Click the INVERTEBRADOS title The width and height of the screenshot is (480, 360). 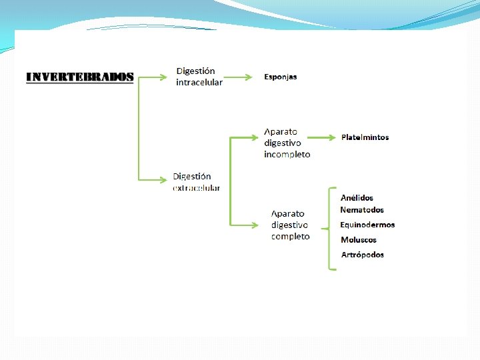[79, 77]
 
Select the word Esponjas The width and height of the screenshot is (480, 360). [281, 77]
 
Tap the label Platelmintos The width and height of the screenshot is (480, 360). [365, 137]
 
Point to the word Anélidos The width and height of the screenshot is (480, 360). [357, 198]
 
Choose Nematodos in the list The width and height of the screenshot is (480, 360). [362, 210]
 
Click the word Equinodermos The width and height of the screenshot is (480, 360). [367, 225]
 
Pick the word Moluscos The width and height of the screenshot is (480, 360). [359, 240]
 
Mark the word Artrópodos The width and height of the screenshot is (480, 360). [363, 255]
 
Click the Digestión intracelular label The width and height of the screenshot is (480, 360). [199, 77]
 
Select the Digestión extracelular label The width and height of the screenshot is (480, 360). [196, 182]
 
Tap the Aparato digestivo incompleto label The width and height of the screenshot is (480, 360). [287, 143]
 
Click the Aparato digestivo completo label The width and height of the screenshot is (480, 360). [290, 225]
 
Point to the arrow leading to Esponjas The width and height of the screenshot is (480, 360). [237, 77]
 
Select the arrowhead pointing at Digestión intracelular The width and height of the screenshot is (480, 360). [163, 77]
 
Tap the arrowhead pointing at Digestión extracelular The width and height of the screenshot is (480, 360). [163, 179]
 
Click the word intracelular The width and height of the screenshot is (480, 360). [199, 83]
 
